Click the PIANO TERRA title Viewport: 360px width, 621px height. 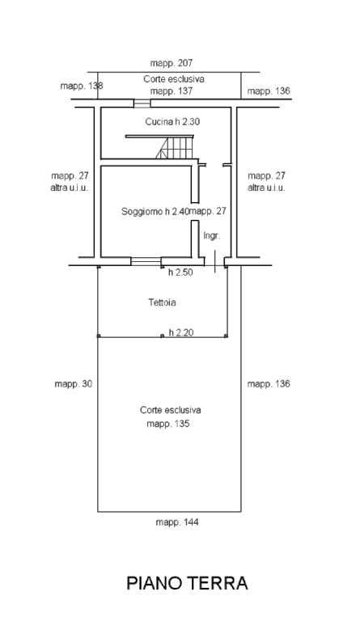point(187,583)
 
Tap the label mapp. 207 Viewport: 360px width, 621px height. point(171,63)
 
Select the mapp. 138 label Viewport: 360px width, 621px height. point(82,86)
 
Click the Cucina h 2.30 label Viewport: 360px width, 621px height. point(172,121)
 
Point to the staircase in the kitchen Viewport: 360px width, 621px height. point(175,146)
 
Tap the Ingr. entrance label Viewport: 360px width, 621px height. point(212,235)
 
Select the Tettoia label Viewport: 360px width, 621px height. point(163,302)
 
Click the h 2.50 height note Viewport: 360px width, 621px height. point(180,272)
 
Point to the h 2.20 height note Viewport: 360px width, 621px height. point(181,332)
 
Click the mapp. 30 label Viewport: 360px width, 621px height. point(74,384)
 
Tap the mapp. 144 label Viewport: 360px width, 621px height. point(177,522)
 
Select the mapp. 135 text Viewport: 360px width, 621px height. point(168,424)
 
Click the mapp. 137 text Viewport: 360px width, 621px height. point(172,91)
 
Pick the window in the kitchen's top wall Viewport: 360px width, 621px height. point(142,103)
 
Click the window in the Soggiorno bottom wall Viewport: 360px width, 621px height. point(146,261)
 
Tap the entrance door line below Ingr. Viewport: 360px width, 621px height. point(214,261)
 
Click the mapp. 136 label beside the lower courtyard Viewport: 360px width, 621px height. point(269,384)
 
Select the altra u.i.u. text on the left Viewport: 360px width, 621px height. point(70,188)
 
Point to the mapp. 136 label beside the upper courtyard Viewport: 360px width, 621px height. point(269,91)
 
